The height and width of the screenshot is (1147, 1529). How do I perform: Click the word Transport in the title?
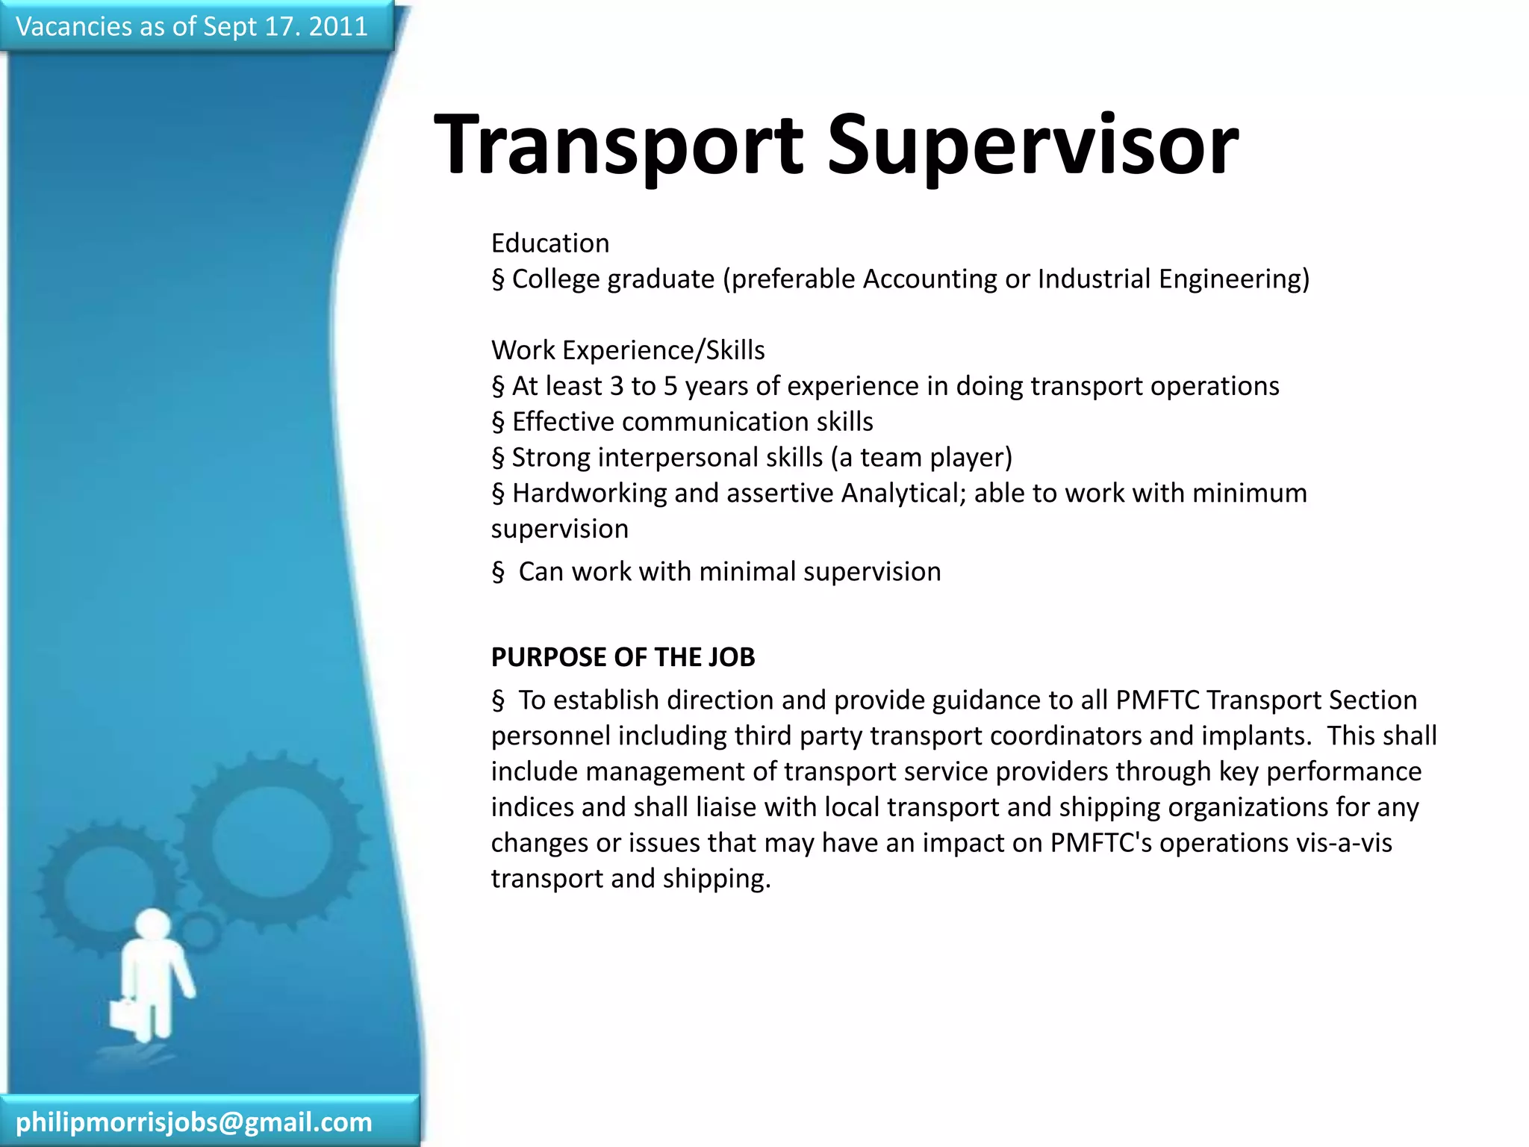[x=618, y=146]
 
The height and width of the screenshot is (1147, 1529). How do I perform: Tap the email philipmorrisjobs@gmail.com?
[x=194, y=1122]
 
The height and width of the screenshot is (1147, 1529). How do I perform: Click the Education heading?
[x=550, y=243]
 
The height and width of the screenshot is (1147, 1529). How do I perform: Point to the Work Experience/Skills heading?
[x=628, y=350]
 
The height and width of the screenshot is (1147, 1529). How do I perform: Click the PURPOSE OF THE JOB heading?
[x=623, y=657]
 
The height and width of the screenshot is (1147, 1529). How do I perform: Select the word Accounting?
[x=929, y=279]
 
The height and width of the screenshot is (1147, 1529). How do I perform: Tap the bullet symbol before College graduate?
[x=498, y=280]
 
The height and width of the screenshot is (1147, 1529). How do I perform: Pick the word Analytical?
[x=903, y=494]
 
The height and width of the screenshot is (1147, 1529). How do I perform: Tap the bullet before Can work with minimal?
[x=498, y=573]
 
